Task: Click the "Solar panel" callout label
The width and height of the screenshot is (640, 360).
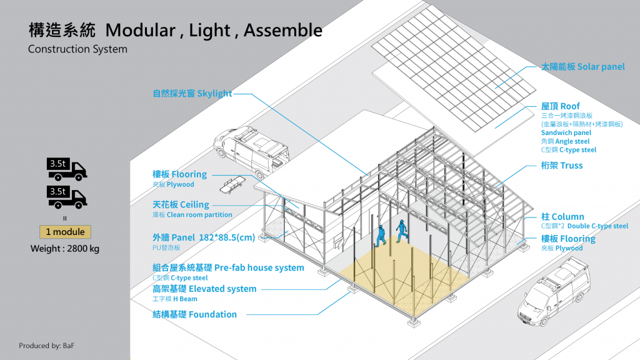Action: coord(582,67)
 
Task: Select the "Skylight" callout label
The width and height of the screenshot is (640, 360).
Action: coord(192,94)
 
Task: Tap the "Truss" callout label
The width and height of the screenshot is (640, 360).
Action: coord(562,166)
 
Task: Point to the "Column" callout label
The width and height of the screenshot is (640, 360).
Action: coord(562,217)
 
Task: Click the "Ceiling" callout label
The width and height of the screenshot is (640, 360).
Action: coord(181,204)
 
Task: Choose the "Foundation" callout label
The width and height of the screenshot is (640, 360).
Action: coord(195,315)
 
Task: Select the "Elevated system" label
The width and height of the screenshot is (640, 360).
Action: coord(204,289)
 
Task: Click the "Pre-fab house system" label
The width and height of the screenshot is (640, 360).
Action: coord(228,267)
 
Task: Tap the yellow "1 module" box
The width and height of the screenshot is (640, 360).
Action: coord(65,232)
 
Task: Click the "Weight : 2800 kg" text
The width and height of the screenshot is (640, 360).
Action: coord(65,249)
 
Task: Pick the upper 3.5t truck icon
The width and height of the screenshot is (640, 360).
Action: coord(66,169)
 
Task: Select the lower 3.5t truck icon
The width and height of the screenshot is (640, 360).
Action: coord(66,197)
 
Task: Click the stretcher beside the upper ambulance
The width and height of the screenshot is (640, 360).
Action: coord(232,184)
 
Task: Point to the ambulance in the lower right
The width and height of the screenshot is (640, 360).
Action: coord(554,291)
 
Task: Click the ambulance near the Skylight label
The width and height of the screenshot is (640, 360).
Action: coord(251,150)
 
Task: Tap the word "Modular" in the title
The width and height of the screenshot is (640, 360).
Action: coord(141,30)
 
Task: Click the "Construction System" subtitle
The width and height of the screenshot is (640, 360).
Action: coord(77,49)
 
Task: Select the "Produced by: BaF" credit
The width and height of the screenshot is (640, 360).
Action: coord(46,346)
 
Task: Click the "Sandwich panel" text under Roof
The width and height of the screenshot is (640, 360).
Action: coord(566,132)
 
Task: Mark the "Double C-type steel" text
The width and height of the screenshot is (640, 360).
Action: coord(597,226)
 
